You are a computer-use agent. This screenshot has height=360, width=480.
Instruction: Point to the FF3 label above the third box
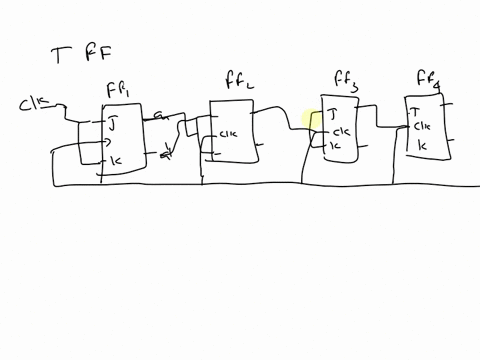[x=345, y=80]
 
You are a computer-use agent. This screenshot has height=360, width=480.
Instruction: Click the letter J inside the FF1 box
[x=112, y=125]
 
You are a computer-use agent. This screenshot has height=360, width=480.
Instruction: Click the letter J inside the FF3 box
[x=333, y=114]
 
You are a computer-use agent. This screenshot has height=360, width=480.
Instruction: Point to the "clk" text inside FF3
[x=340, y=131]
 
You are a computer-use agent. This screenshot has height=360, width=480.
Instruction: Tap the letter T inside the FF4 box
[x=415, y=111]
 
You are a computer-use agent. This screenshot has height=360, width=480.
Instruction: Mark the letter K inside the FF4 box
[x=421, y=146]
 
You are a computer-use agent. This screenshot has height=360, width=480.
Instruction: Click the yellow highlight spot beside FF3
[x=310, y=121]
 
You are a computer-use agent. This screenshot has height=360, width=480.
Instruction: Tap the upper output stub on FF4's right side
[x=452, y=107]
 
